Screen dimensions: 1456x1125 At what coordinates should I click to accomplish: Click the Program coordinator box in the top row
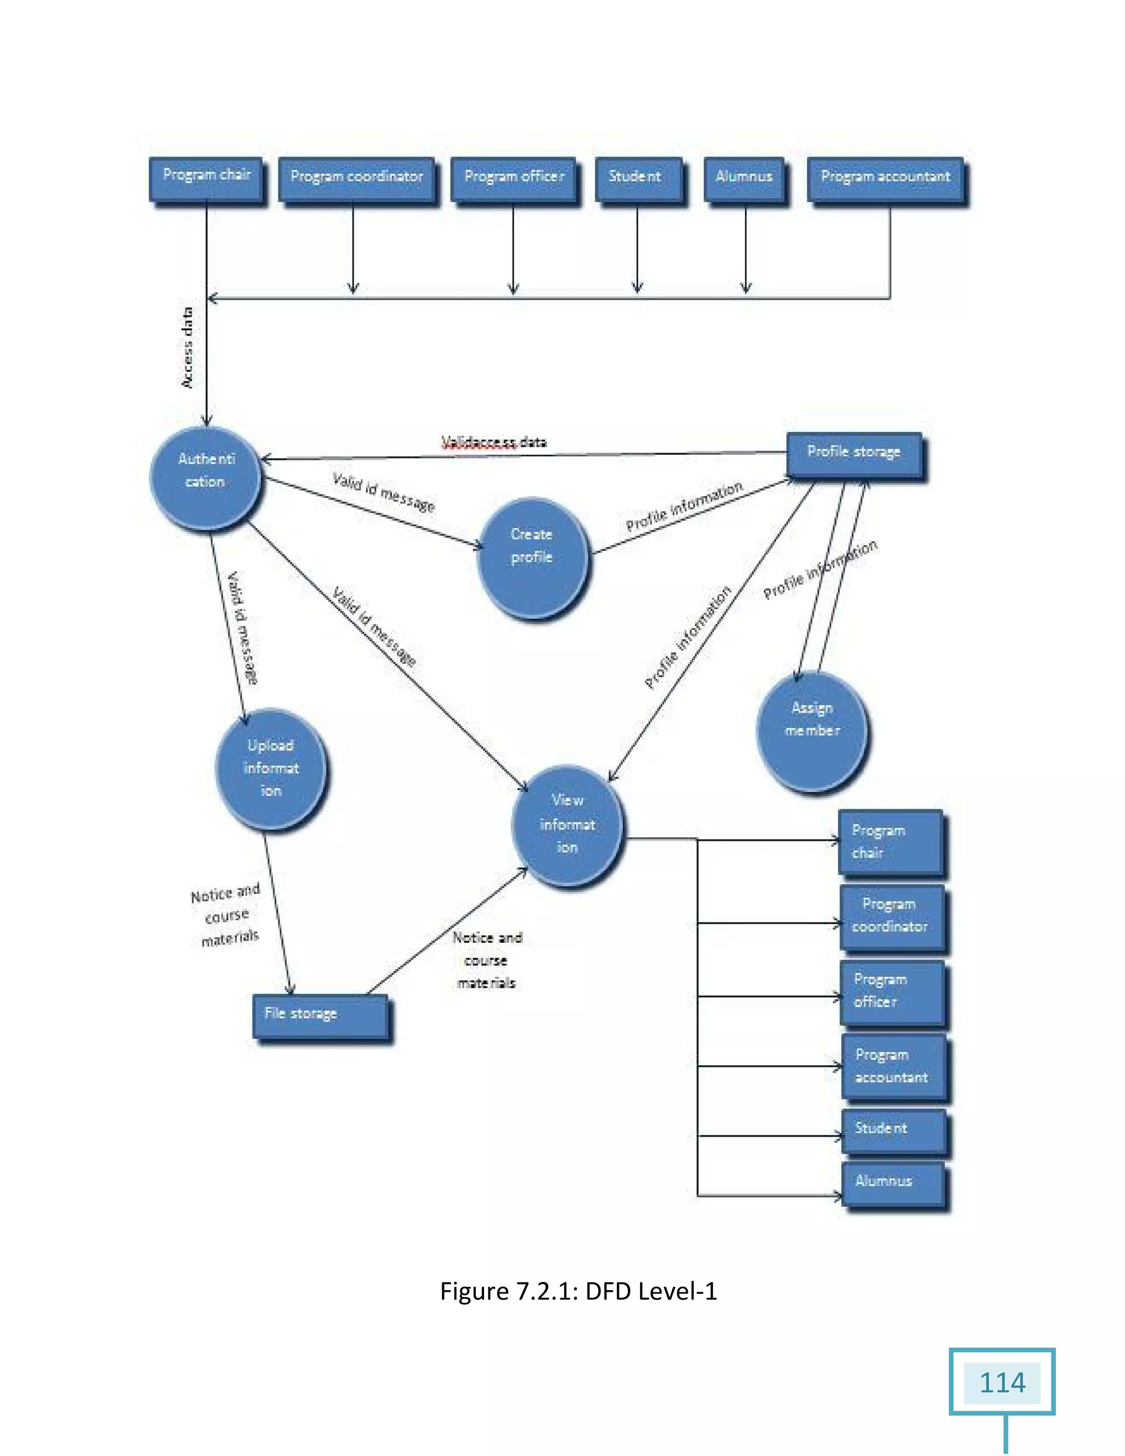click(357, 178)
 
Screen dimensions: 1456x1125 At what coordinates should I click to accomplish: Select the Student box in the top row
click(638, 178)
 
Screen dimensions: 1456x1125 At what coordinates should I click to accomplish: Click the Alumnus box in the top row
click(744, 178)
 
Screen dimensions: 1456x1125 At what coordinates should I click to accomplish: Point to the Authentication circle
click(205, 477)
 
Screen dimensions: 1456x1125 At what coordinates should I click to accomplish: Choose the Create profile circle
click(533, 557)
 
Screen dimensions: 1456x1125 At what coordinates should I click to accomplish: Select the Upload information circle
click(271, 768)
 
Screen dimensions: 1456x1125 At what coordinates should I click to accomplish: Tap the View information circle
click(568, 825)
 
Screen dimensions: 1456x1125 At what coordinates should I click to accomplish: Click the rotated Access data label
click(188, 347)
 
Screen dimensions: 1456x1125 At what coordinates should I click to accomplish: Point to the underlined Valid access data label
click(494, 442)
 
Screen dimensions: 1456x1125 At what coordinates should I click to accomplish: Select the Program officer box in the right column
click(892, 991)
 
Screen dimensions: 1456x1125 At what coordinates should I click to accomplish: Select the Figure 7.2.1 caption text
click(578, 1291)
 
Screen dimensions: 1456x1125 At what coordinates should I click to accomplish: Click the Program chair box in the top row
click(206, 178)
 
